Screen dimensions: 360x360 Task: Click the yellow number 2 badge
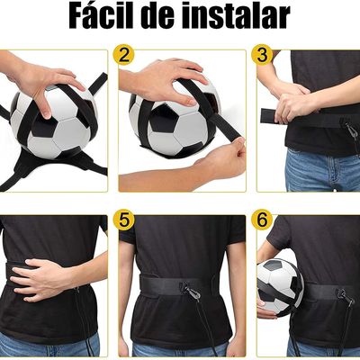tap(125, 55)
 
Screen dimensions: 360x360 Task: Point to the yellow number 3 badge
tap(263, 55)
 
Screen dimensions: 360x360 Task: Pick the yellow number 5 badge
tap(125, 220)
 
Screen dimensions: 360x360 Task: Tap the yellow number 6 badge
tap(263, 220)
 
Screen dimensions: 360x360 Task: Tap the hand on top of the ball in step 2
tap(166, 76)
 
